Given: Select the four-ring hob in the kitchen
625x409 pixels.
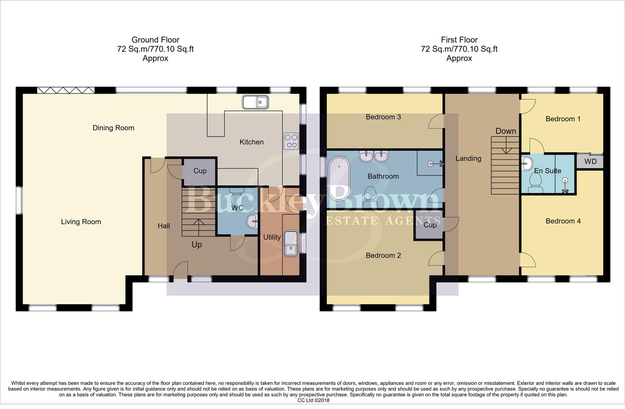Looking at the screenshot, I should click(x=291, y=141).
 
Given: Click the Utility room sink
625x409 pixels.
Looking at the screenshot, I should click(x=291, y=243).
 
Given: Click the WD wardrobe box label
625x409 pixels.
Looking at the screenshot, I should click(x=590, y=162).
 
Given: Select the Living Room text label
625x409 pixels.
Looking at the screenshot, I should click(x=81, y=222).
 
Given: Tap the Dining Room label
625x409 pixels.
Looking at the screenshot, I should click(x=113, y=128).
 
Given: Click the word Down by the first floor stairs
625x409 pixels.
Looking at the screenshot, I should click(x=506, y=131).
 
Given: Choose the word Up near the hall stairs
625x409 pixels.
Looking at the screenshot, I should click(x=196, y=245).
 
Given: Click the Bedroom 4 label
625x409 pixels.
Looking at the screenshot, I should click(x=563, y=221).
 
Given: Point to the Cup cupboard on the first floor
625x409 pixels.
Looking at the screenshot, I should click(x=430, y=225).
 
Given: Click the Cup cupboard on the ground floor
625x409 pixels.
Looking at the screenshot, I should click(x=200, y=171).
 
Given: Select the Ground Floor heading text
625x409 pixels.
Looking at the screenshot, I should click(x=155, y=40).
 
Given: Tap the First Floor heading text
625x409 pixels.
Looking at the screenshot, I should click(x=459, y=40).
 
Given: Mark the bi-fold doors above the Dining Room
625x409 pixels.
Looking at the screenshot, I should click(x=66, y=90).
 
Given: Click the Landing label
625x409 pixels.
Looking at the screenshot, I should click(x=468, y=159).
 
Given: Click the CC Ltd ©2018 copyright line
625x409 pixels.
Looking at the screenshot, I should click(x=313, y=400).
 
